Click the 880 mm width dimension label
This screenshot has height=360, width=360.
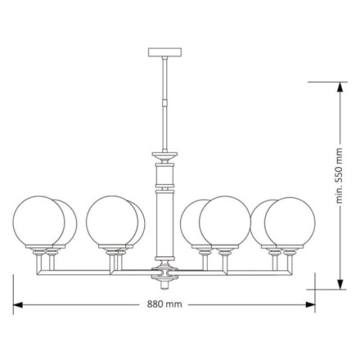(164, 304)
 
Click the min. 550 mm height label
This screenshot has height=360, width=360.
(339, 176)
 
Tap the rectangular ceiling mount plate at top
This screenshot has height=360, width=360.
(164, 52)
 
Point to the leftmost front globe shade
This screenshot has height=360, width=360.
(38, 221)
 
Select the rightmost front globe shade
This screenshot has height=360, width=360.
(290, 223)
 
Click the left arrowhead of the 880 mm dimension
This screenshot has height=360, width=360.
(17, 304)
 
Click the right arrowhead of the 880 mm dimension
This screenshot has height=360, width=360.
(311, 304)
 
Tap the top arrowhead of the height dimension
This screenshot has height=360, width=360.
(340, 87)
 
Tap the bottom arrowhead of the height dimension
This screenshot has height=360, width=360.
(340, 284)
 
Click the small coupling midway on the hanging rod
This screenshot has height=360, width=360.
(164, 103)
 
